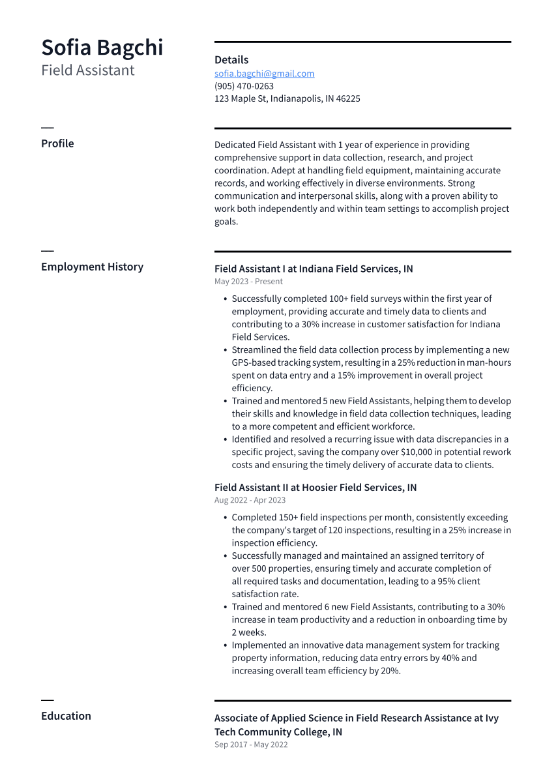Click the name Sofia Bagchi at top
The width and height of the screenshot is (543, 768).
coord(102,48)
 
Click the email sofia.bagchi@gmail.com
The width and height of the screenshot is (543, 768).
coord(264,74)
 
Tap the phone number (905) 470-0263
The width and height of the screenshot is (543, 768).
coord(244,86)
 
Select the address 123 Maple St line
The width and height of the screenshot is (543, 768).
coord(287,98)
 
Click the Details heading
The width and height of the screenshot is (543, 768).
coord(231,60)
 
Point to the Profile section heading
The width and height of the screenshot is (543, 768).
coord(57,143)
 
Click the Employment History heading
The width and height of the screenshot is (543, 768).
coord(92,267)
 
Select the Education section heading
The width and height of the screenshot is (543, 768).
coord(66,716)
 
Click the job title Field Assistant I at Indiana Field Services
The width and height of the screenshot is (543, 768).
coord(313,269)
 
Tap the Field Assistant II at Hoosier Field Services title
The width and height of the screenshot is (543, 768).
coord(316,488)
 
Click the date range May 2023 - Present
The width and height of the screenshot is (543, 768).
coord(248,282)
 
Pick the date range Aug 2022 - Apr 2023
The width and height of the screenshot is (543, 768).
coord(250,500)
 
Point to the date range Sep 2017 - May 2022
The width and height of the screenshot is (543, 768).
coord(251,745)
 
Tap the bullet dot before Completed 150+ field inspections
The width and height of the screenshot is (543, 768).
coord(225,518)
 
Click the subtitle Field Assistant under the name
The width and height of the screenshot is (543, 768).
coord(87,70)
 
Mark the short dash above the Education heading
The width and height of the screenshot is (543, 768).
coord(47,700)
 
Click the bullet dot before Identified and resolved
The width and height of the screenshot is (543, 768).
coord(225,439)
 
